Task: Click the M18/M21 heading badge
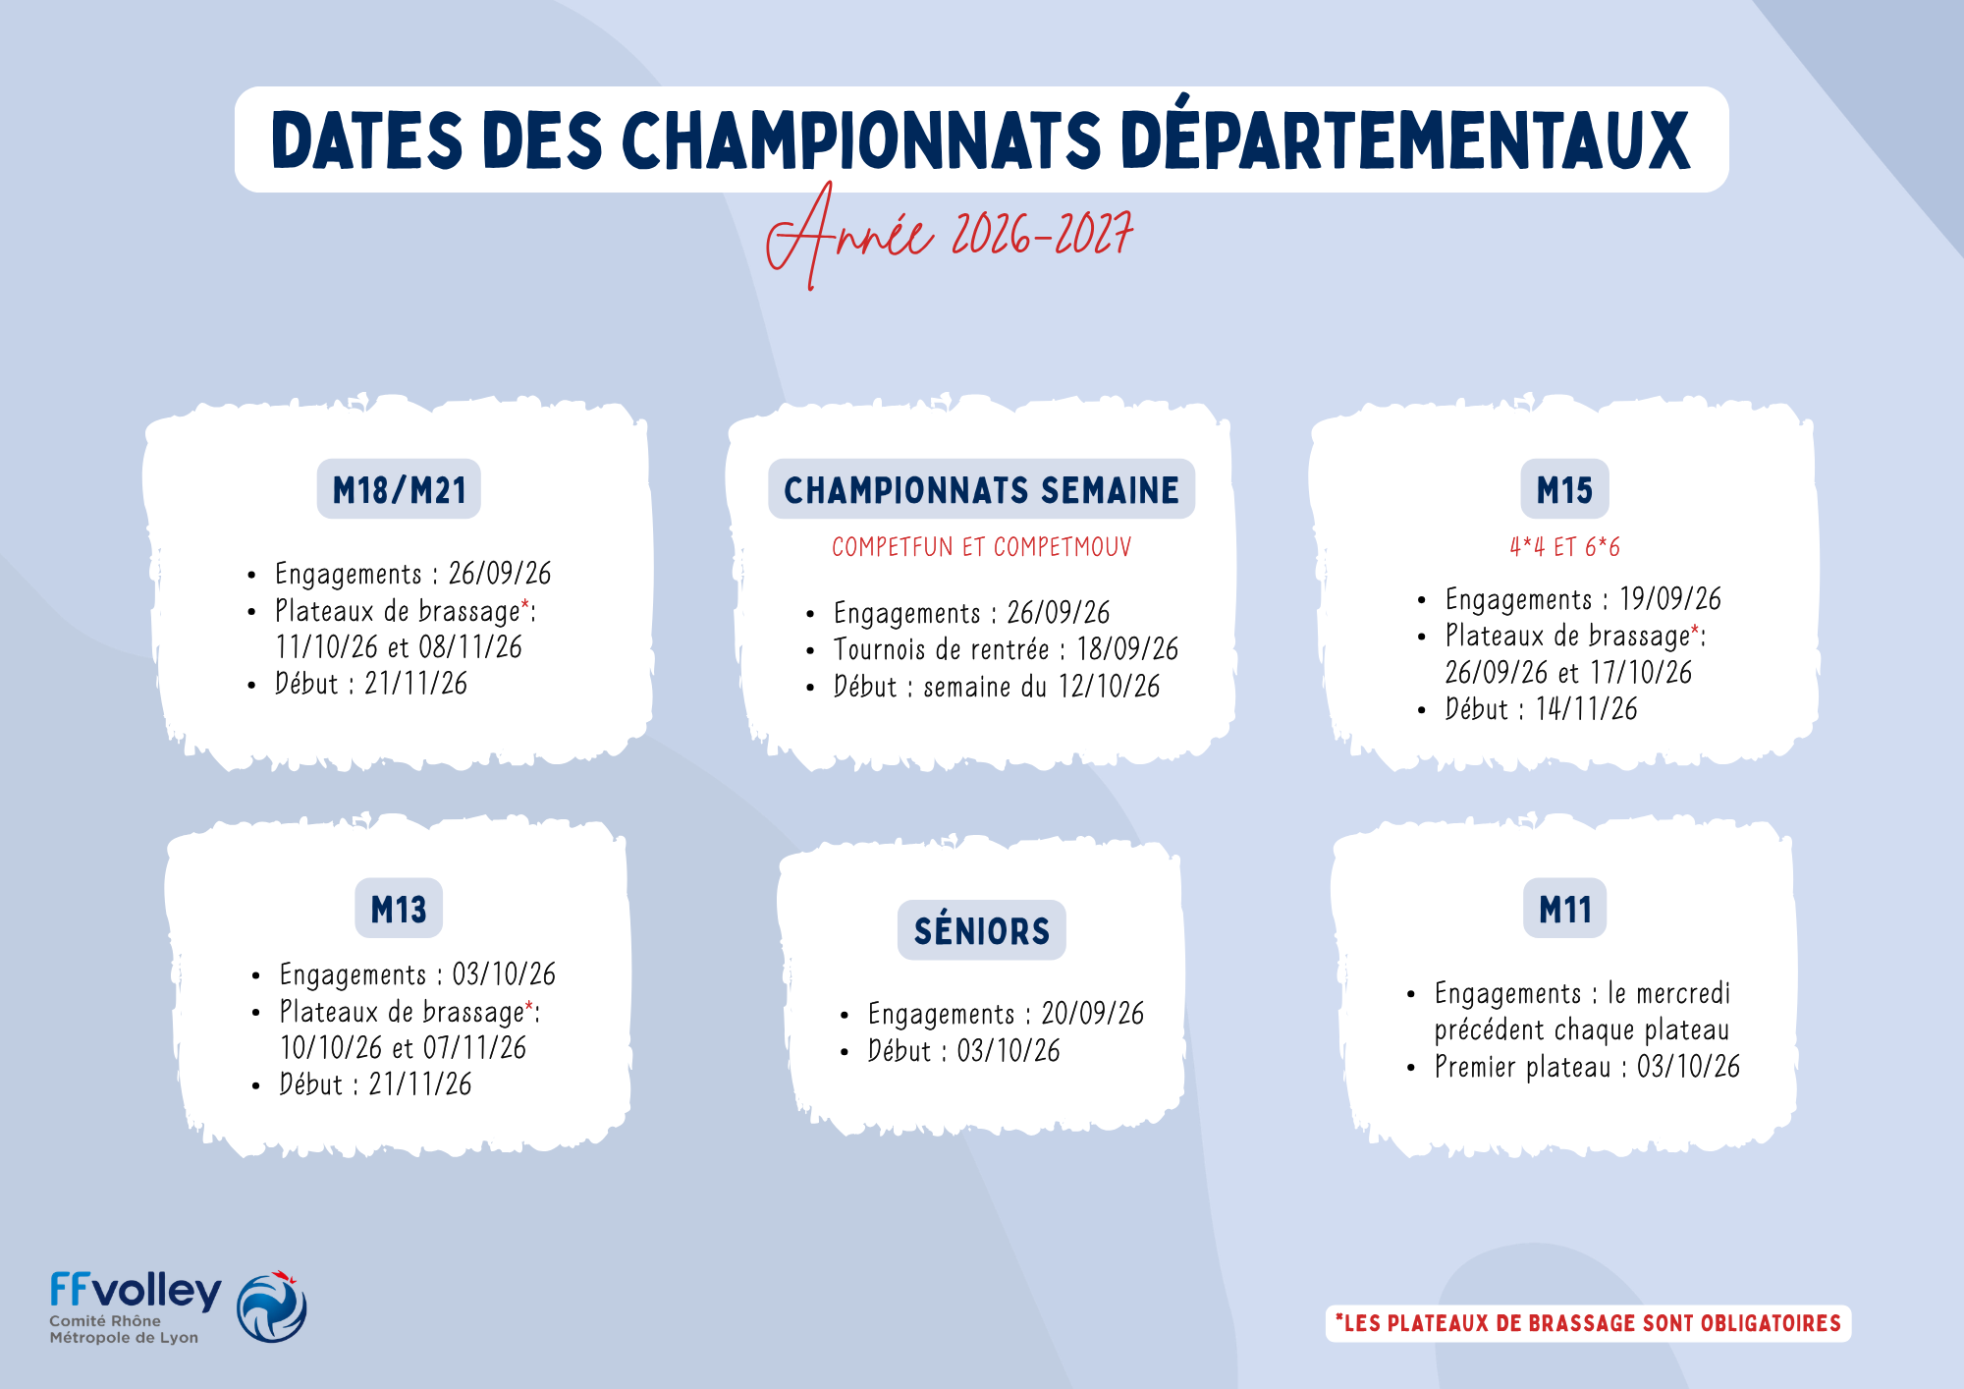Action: click(x=399, y=489)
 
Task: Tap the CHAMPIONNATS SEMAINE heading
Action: click(x=981, y=489)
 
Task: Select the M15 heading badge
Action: click(x=1564, y=489)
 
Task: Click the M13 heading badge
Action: click(x=399, y=909)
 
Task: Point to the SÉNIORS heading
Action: click(x=981, y=930)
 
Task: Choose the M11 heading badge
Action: click(x=1565, y=909)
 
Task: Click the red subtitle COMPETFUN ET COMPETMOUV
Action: click(x=981, y=547)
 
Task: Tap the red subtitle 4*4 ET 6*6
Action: click(x=1564, y=547)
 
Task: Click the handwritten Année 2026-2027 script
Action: click(x=949, y=236)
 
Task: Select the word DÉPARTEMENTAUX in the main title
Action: click(x=1405, y=139)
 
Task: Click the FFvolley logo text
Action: click(x=136, y=1291)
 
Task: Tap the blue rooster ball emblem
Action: click(x=272, y=1306)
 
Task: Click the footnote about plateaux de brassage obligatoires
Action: click(x=1588, y=1323)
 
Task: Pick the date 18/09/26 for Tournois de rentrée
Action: click(x=1127, y=649)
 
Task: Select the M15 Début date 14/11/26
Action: click(x=1587, y=709)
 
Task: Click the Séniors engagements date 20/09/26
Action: click(x=1093, y=1014)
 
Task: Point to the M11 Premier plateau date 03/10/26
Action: click(x=1688, y=1067)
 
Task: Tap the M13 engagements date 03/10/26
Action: click(x=504, y=974)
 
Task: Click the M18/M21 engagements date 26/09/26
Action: click(x=500, y=574)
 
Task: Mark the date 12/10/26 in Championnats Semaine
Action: click(x=1109, y=687)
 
